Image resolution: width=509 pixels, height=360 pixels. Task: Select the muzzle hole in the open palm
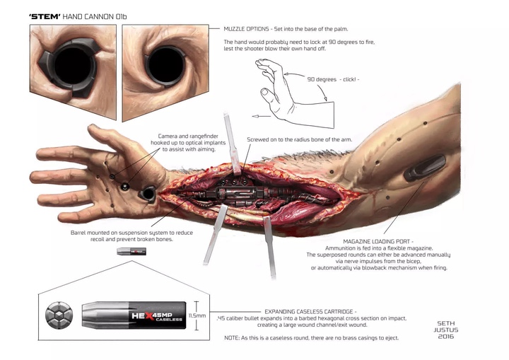point(149,192)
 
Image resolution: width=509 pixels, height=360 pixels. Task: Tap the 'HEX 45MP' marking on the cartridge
point(162,313)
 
